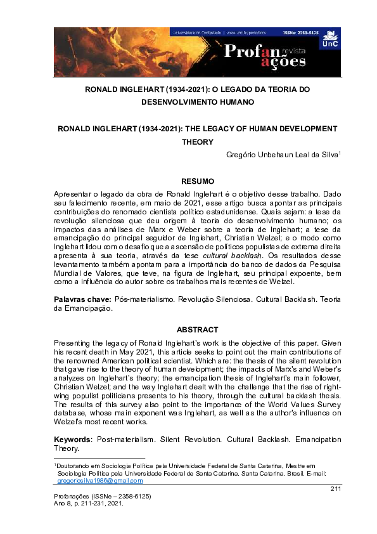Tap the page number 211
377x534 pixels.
tap(335, 488)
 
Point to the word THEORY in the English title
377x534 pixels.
tap(198, 141)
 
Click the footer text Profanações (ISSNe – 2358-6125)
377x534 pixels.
tap(102, 495)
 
